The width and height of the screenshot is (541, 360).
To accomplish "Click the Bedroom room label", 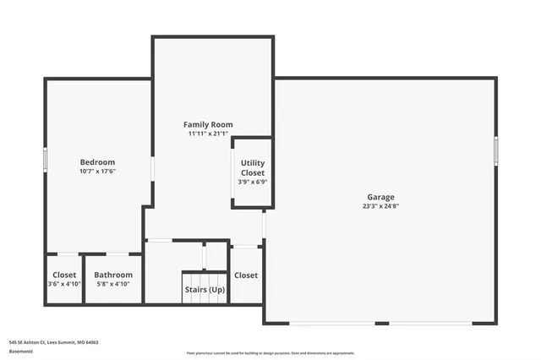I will coord(97,162).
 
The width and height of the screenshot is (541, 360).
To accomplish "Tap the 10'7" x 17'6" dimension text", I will coord(97,172).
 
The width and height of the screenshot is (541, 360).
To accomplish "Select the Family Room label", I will coord(208,124).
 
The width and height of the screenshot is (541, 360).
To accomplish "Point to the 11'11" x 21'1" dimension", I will coord(208,134).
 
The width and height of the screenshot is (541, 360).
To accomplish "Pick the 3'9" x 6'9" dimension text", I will coord(253,181).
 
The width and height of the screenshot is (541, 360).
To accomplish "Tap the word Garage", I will coord(380,197).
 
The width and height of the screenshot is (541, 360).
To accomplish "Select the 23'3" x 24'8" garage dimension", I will coord(380,206).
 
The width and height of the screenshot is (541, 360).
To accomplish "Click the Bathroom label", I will coord(113,275).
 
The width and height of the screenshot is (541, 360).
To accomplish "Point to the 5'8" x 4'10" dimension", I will coord(113,284).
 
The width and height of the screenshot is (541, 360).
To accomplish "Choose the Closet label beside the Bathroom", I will coord(64,275).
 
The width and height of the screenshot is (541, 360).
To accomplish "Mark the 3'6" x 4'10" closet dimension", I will coord(64,284).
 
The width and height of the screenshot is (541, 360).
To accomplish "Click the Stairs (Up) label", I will coord(205,290).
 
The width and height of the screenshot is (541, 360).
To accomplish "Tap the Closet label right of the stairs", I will coord(246,275).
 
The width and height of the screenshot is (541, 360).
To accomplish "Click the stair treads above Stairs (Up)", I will coord(205,278).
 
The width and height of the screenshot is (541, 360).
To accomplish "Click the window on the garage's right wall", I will coord(496,149).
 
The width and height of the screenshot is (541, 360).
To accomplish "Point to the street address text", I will coord(53,342).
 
